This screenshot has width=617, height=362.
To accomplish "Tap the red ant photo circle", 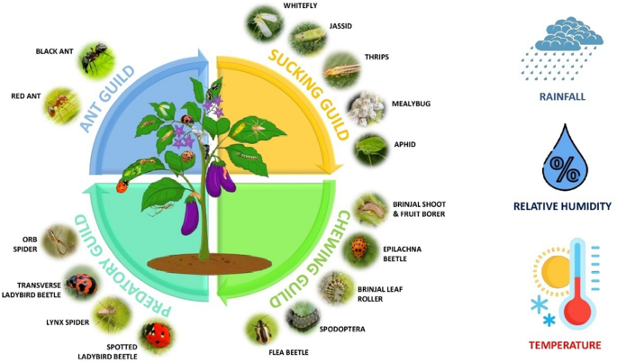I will click(x=62, y=104).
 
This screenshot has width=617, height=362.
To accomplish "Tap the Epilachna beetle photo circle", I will click(x=361, y=246).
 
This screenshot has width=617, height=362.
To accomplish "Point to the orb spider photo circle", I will click(x=61, y=240).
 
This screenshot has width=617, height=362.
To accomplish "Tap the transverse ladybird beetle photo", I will click(x=80, y=285).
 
